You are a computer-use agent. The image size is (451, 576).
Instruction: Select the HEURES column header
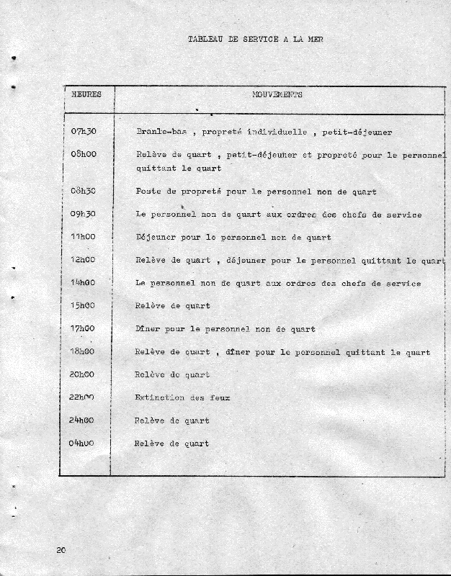(x=86, y=94)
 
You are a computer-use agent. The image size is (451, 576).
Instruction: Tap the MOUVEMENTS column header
(x=277, y=94)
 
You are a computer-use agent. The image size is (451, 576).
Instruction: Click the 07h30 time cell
(x=84, y=132)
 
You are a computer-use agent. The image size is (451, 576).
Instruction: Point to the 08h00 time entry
(x=84, y=154)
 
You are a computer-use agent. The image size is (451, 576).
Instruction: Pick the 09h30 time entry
(x=84, y=214)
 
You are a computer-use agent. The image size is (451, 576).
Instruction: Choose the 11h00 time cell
(x=84, y=236)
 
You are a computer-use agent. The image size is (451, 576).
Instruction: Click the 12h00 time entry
(x=84, y=259)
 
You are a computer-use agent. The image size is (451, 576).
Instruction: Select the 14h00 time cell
(x=84, y=283)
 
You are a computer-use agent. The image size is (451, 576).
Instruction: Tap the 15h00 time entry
(x=84, y=306)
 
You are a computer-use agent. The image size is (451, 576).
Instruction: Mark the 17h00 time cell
(x=84, y=329)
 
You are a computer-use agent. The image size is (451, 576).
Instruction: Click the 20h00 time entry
(x=84, y=374)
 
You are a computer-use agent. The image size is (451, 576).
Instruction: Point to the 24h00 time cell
(x=84, y=420)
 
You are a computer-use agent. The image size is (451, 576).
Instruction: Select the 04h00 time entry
(x=84, y=444)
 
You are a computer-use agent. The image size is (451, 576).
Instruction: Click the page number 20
(x=61, y=550)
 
